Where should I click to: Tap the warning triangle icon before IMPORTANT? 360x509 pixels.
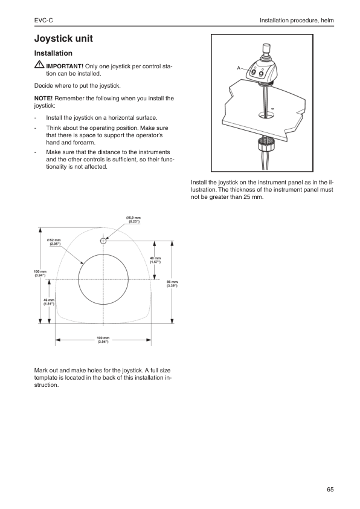(x=39, y=65)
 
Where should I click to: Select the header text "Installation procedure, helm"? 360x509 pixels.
(x=297, y=21)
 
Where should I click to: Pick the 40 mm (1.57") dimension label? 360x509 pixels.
(x=156, y=260)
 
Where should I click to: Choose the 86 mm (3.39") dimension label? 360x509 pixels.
(x=172, y=284)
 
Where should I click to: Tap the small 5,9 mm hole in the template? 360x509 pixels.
(x=104, y=241)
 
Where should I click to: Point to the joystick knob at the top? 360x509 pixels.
(x=265, y=48)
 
